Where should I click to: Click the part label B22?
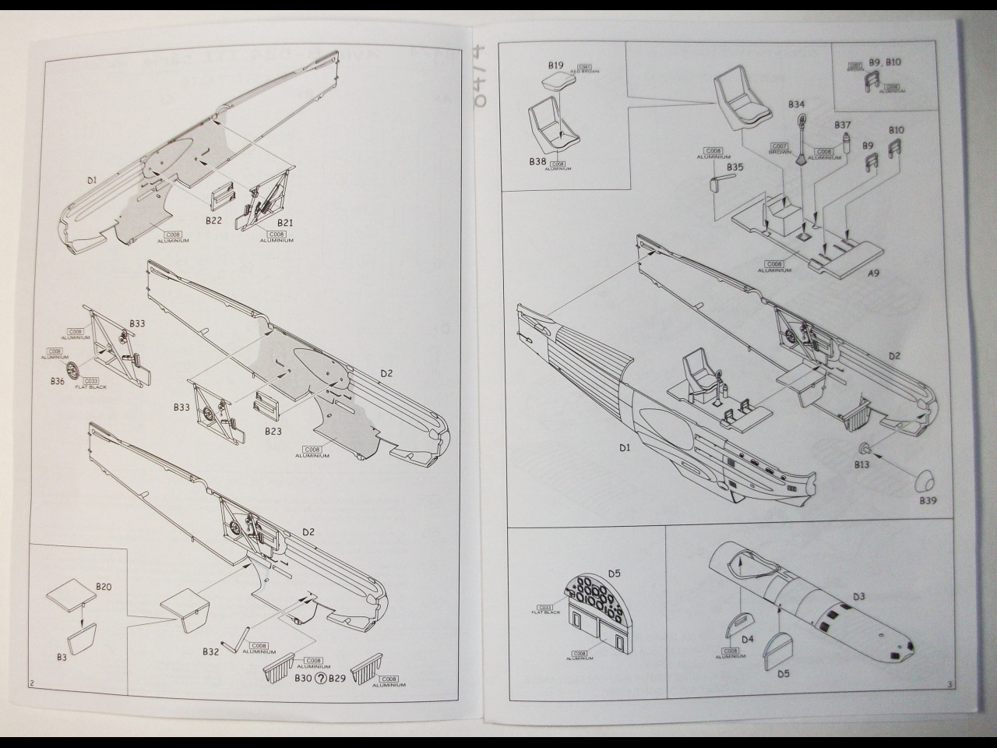[x=214, y=221]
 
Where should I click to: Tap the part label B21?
[x=285, y=222]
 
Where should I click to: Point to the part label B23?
[x=273, y=431]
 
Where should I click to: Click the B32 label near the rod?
[x=210, y=651]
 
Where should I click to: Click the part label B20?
[x=104, y=586]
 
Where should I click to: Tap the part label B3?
[x=62, y=657]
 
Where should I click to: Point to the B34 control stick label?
[x=796, y=104]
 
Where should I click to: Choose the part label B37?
[x=843, y=125]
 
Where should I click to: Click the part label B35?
[x=735, y=167]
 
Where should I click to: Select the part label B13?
[x=861, y=465]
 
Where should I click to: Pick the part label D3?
[x=858, y=597]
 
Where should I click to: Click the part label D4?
[x=748, y=640]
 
